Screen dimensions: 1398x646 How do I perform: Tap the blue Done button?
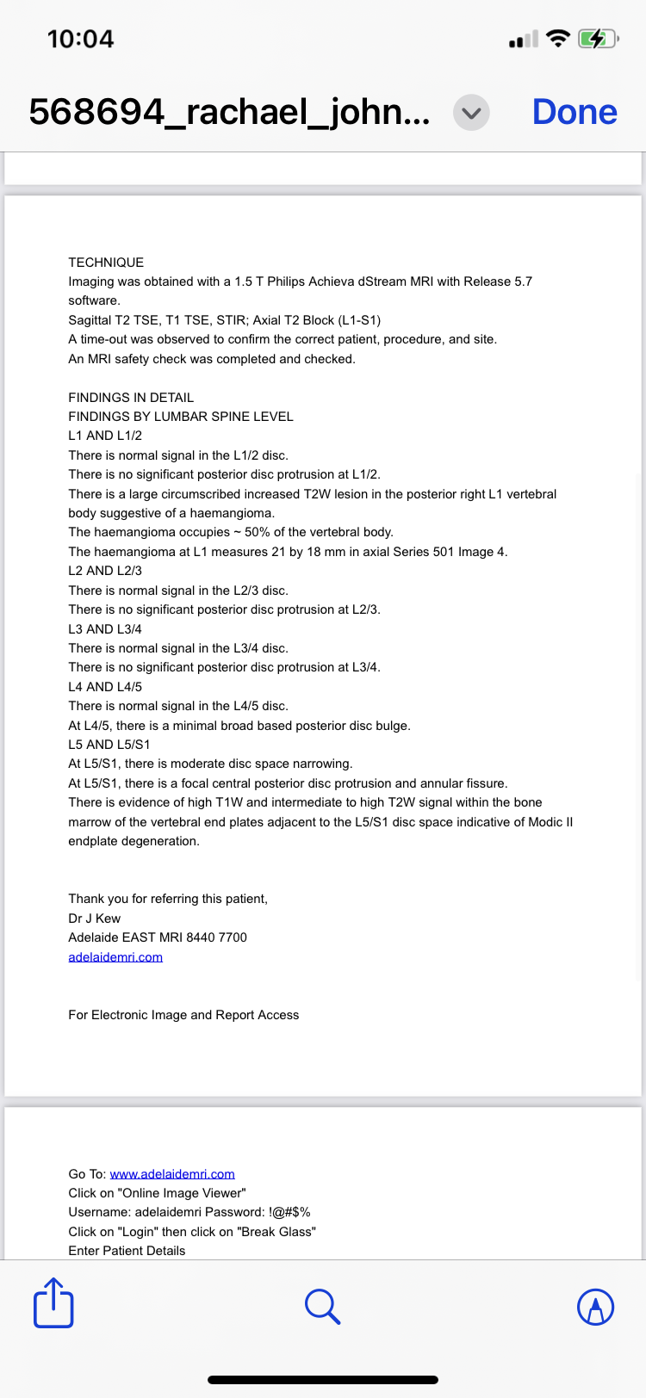[575, 112]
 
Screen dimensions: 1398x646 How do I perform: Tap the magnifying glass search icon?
[323, 1306]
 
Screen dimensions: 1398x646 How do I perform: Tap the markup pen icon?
[595, 1307]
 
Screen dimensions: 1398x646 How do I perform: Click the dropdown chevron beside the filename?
[471, 113]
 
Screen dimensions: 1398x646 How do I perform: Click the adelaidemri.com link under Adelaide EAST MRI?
[115, 957]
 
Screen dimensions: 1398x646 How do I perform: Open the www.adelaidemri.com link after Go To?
[172, 1174]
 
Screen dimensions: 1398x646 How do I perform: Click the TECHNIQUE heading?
[106, 263]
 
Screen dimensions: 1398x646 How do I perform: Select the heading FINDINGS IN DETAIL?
[131, 398]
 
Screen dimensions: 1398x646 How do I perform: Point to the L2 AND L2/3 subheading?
[105, 571]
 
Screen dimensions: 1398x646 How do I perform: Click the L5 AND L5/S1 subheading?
[109, 745]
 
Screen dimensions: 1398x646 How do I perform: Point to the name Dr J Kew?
[95, 919]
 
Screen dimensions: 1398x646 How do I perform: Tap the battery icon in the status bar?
[596, 39]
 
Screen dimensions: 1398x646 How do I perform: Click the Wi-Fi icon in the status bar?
[559, 39]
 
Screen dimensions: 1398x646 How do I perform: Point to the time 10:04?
[80, 39]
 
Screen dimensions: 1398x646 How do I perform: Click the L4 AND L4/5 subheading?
[105, 687]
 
